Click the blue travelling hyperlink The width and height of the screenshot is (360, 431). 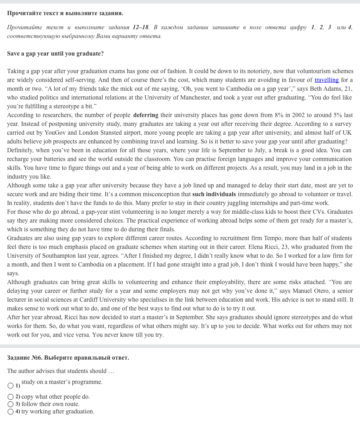327,80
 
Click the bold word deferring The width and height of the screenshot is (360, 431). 146,115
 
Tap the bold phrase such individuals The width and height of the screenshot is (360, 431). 214,194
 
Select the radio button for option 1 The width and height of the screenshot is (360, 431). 11,386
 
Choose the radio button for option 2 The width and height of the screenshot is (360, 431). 11,397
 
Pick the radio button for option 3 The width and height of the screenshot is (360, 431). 11,404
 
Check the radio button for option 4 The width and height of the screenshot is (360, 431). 11,412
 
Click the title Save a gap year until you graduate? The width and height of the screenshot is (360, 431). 55,54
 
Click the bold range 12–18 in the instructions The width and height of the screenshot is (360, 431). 140,27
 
